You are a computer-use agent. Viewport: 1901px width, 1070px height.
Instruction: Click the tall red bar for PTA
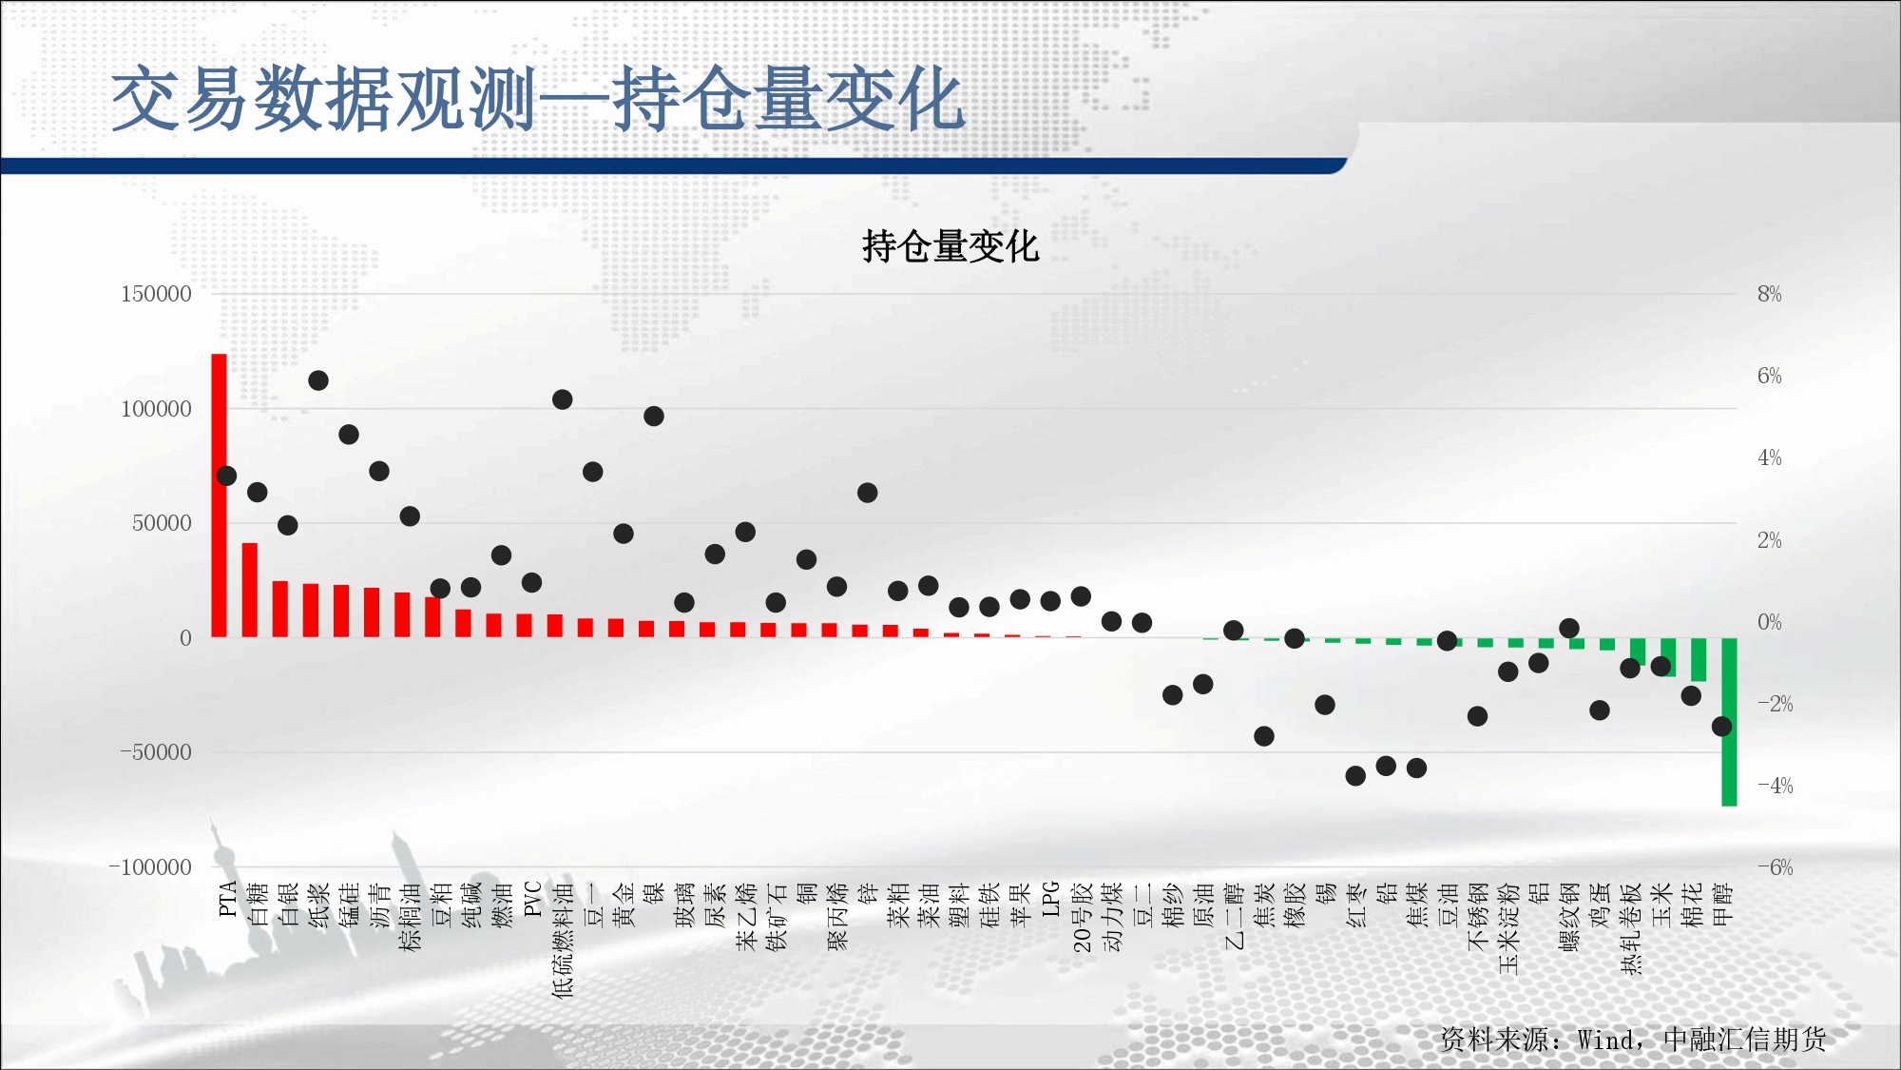(219, 496)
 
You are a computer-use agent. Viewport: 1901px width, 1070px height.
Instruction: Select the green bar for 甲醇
(1729, 722)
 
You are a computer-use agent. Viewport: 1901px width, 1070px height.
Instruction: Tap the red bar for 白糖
(250, 590)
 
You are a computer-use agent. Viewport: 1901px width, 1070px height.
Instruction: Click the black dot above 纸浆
(318, 380)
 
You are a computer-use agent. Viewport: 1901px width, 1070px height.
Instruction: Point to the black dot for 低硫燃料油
(562, 399)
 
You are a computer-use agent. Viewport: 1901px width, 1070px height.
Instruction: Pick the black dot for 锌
(867, 493)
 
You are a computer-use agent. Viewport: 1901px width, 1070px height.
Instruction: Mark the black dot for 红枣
(1355, 776)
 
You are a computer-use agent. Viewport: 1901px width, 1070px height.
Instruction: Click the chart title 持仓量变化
(950, 246)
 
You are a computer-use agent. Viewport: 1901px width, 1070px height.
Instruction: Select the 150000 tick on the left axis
(156, 294)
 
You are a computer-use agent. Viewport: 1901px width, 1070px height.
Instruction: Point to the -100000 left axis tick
(150, 867)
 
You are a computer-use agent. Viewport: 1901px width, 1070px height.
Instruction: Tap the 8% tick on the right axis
(1769, 294)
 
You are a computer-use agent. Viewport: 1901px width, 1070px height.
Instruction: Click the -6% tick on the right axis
(1775, 867)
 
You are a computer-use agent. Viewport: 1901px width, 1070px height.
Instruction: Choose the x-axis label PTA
(227, 899)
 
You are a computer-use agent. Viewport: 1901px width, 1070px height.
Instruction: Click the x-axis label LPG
(1050, 899)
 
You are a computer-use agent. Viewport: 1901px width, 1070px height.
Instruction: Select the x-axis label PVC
(532, 899)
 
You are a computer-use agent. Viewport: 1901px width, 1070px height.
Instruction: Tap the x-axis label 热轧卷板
(1631, 928)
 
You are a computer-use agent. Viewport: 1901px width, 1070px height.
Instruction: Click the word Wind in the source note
(1605, 1040)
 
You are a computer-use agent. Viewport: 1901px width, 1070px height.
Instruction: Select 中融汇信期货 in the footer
(1745, 1040)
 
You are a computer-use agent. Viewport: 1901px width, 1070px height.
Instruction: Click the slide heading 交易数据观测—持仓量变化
(538, 99)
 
